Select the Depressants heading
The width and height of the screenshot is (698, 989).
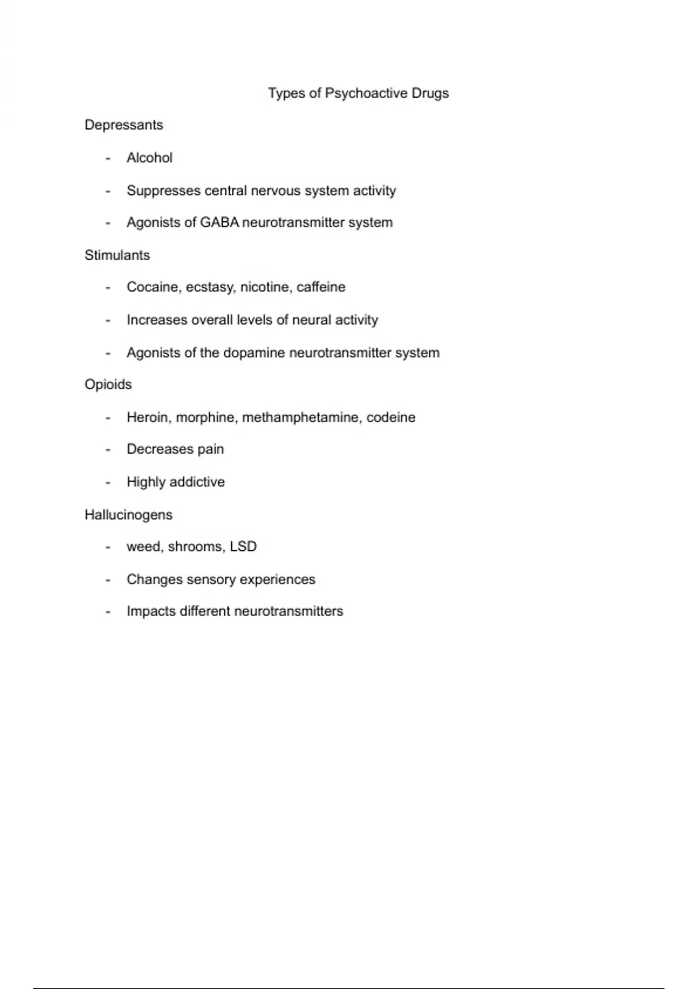124,125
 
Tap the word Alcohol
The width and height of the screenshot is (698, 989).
149,158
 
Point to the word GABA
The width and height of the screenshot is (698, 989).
219,222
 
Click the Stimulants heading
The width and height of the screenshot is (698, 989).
117,255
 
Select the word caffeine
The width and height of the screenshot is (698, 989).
320,287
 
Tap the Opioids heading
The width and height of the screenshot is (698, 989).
108,385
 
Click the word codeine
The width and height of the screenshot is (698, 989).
391,417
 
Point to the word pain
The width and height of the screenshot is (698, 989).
211,450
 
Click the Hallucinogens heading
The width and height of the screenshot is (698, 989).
129,515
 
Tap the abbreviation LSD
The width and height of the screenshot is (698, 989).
243,546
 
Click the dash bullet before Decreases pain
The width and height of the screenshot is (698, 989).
108,450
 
